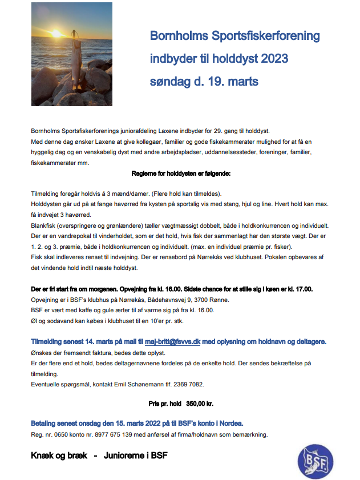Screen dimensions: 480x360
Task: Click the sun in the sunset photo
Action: (x=56, y=34)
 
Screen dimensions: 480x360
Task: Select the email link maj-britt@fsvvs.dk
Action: (x=172, y=341)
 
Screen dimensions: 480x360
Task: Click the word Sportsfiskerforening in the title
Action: (x=263, y=37)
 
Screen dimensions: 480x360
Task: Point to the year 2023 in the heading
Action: (x=274, y=59)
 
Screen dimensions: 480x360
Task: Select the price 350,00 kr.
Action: (x=199, y=403)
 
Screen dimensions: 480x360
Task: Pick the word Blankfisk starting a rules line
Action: (x=44, y=226)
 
